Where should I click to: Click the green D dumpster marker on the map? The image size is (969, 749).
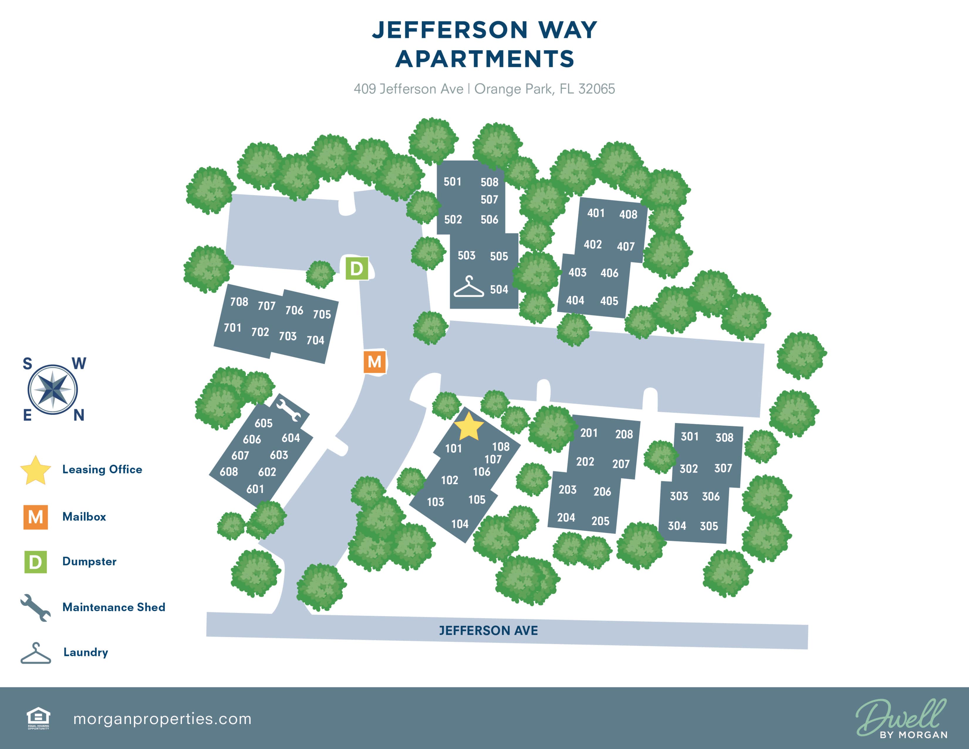pos(357,268)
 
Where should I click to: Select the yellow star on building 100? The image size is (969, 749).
pos(469,426)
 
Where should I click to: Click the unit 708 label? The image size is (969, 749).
pos(239,302)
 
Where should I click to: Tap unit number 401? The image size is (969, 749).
pos(596,213)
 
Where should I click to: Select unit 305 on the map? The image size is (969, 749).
pos(709,526)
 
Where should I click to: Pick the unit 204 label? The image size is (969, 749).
pos(566,518)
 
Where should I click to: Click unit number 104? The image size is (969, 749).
pos(460,524)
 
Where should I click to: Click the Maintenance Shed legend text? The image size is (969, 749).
pos(114,607)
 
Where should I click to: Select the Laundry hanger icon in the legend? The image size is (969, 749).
pos(36,653)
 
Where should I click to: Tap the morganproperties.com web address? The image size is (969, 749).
pos(162,719)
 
